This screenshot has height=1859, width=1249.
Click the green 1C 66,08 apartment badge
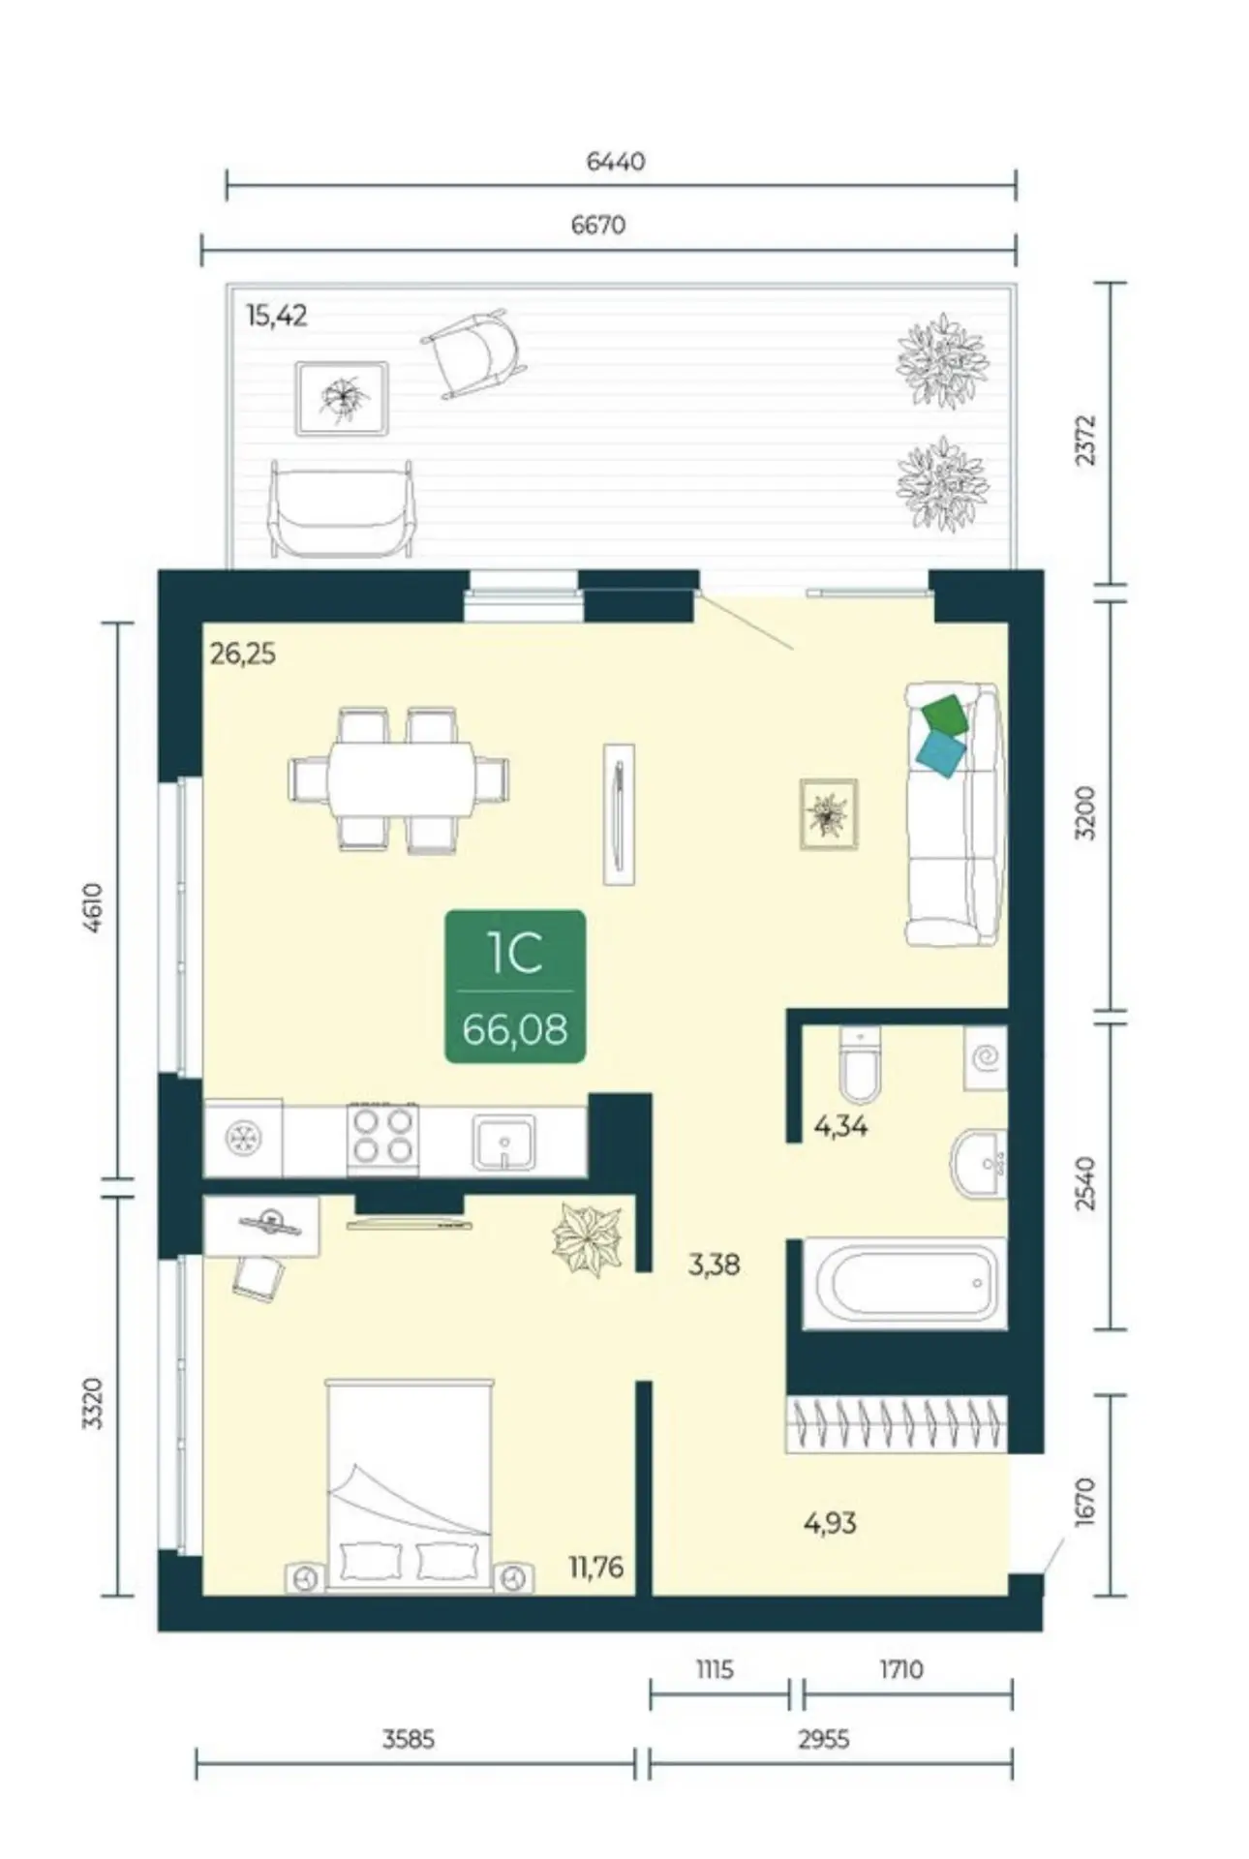click(515, 986)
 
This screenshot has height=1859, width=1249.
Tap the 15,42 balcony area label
click(277, 316)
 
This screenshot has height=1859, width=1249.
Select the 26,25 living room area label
click(243, 655)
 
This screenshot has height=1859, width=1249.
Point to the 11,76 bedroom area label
click(595, 1566)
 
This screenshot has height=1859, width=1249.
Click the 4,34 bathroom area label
click(840, 1126)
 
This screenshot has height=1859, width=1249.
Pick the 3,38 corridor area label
click(714, 1265)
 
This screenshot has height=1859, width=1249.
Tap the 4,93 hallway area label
click(830, 1523)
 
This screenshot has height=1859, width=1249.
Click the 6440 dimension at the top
click(616, 162)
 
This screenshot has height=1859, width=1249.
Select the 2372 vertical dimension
click(1086, 441)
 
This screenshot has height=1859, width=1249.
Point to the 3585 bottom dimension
click(408, 1739)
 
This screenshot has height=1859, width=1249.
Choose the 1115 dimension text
click(714, 1669)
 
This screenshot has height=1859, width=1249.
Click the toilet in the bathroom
click(859, 1064)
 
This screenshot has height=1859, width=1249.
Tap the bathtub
click(907, 1285)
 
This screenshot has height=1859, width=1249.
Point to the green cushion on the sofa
click(945, 715)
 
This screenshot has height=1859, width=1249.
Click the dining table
click(400, 780)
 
